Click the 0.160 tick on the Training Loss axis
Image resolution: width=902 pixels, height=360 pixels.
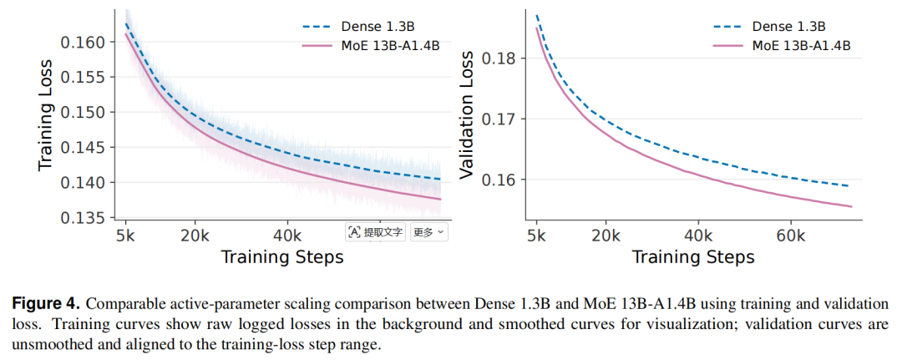coord(85,43)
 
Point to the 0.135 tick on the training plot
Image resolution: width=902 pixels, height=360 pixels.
coord(85,219)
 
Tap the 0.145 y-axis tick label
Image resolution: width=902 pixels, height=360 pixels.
coord(85,149)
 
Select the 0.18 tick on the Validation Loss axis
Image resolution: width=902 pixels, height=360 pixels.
coord(499,58)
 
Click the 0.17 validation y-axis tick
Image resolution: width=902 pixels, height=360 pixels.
coord(499,119)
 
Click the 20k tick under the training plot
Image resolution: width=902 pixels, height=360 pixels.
coord(195,236)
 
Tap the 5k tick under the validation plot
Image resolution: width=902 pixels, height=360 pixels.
coord(537,236)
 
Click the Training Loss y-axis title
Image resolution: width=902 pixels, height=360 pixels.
coord(47,115)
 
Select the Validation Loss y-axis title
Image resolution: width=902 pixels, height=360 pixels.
coord(467,115)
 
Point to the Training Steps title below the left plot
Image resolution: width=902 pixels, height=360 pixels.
coord(282,256)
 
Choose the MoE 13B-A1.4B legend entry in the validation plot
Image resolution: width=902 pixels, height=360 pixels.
coord(781,46)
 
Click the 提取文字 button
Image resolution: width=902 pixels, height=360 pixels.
coord(376,232)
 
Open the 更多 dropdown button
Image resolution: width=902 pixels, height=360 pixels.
coord(428,232)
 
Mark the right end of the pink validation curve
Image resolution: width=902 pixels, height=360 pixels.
coord(851,206)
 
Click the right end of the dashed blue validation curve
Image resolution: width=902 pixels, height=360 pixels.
coord(848,185)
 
